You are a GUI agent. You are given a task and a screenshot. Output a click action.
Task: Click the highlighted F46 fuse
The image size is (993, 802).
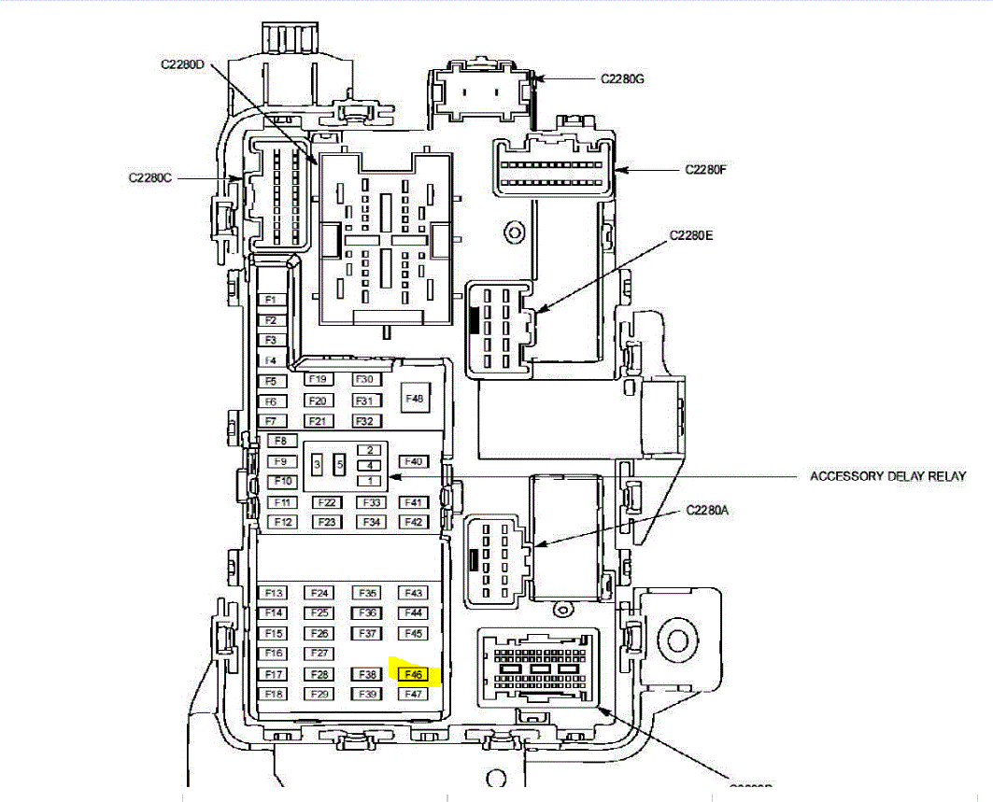413,674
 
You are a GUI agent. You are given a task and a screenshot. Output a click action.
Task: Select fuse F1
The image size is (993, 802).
270,300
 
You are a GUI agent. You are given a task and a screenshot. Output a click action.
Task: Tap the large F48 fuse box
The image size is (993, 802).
414,399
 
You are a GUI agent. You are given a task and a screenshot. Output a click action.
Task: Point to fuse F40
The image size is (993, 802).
414,461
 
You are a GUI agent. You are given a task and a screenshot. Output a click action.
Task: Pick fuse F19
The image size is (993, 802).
318,380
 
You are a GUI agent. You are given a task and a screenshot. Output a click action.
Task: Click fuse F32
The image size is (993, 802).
365,421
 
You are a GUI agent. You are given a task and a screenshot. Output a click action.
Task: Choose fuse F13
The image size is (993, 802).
274,593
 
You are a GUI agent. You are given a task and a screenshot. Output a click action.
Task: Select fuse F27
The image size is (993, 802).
320,654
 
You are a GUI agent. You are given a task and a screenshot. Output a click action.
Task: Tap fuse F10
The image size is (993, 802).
282,482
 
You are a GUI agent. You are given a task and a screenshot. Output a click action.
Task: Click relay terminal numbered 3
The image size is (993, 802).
318,464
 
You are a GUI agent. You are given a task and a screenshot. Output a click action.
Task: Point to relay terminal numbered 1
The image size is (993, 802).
370,481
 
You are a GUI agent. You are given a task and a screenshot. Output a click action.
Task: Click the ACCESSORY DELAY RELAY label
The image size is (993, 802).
887,476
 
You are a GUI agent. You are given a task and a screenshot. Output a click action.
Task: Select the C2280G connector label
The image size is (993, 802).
621,79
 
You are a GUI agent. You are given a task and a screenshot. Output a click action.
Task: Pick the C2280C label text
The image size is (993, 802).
150,177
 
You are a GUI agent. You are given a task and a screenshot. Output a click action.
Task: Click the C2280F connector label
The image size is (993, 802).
705,169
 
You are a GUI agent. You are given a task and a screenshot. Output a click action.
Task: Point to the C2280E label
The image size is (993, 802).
690,236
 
